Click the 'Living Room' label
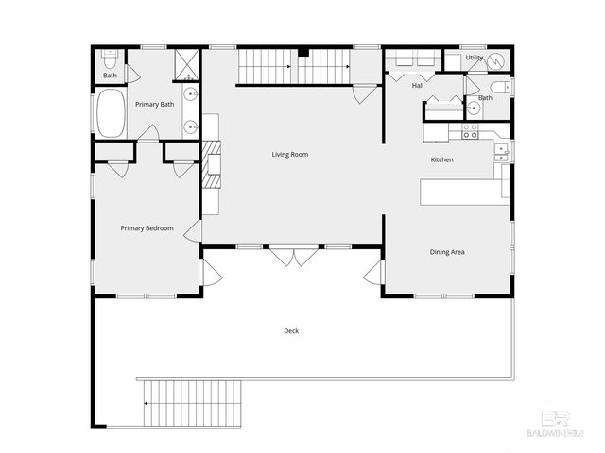(x=290, y=155)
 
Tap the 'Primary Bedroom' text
(x=147, y=227)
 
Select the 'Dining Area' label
(x=447, y=252)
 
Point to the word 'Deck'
(x=291, y=330)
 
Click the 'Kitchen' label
(x=441, y=159)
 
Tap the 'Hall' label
(x=418, y=86)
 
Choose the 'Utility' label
(x=474, y=58)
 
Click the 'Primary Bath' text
(x=154, y=104)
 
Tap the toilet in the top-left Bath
(x=109, y=56)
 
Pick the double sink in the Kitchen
(x=504, y=151)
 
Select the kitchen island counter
(x=460, y=191)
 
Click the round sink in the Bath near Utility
(x=474, y=108)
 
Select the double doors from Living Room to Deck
(x=291, y=256)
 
